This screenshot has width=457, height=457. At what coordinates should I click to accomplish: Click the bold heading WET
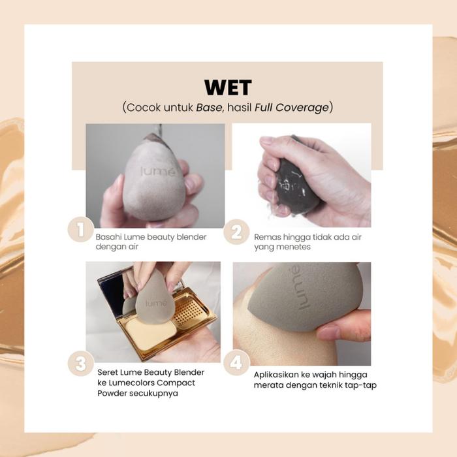(x=228, y=87)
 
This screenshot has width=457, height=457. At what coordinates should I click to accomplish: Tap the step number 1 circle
(x=81, y=229)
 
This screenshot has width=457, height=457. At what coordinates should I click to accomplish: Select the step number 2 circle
(x=236, y=232)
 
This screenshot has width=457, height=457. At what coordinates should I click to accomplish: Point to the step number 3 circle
(x=81, y=363)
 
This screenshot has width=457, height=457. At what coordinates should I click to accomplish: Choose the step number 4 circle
(x=236, y=362)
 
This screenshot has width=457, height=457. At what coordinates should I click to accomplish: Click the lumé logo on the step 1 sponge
(x=158, y=171)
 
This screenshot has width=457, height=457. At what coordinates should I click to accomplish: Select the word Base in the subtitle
(x=209, y=107)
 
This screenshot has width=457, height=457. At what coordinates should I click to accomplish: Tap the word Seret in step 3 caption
(x=108, y=372)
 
